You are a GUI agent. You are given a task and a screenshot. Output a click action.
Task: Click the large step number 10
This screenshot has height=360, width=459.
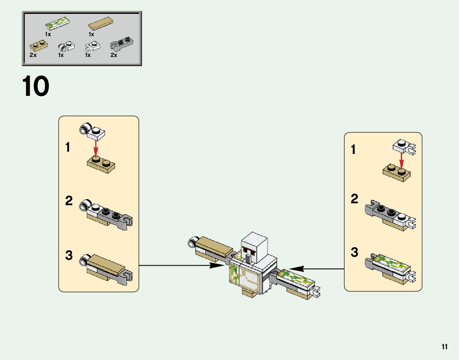click(35, 86)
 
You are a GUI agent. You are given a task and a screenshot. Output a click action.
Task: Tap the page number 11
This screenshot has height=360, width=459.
click(444, 347)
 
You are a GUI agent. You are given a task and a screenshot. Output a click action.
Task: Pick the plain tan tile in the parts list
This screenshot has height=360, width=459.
click(100, 25)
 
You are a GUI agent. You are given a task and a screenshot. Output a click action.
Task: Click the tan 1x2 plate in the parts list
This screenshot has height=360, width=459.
click(39, 45)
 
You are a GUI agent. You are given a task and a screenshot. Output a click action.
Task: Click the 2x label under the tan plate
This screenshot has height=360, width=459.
click(33, 55)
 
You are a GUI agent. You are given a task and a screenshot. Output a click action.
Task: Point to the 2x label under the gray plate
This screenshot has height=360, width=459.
click(114, 55)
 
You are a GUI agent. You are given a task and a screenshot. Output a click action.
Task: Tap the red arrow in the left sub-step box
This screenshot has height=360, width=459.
click(96, 148)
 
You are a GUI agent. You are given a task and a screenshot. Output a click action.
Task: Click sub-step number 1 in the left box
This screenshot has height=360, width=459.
click(68, 147)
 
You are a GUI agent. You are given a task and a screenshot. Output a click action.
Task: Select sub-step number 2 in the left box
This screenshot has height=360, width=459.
click(69, 201)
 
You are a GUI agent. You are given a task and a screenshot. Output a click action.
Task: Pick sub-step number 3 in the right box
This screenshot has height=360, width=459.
click(354, 253)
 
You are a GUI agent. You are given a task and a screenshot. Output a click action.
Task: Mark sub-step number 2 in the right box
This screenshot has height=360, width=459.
click(354, 199)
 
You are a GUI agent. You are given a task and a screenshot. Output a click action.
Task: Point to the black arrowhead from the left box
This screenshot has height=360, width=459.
click(216, 265)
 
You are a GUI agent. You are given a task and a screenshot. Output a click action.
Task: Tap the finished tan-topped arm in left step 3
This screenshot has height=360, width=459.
click(106, 266)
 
